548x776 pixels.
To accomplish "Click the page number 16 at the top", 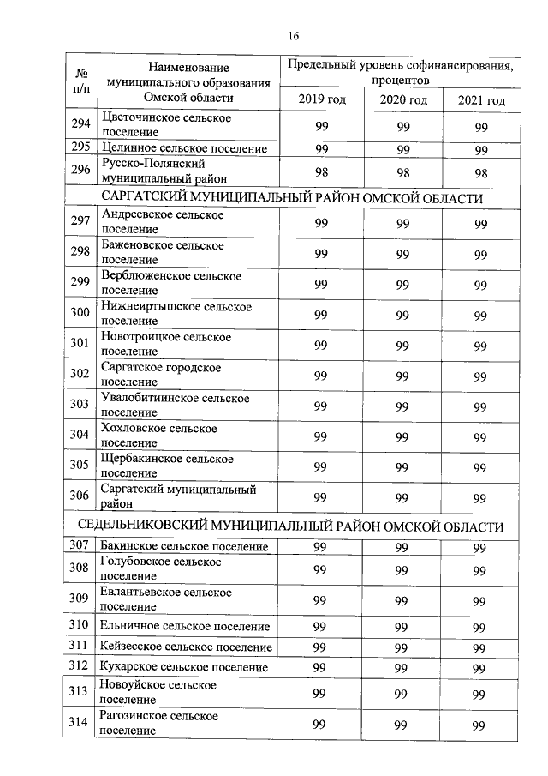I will click(x=293, y=36).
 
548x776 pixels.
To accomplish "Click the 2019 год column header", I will click(x=322, y=100).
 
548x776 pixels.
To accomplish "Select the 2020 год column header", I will click(x=403, y=100).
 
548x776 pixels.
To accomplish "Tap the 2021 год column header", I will click(x=481, y=100).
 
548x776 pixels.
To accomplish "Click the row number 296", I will click(x=81, y=171).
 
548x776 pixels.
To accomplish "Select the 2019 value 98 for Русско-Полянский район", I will click(x=322, y=171).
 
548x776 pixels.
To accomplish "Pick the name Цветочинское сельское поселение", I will click(x=166, y=125).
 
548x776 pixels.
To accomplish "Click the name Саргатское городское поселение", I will click(x=161, y=375).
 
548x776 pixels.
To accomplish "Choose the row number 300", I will click(x=80, y=313).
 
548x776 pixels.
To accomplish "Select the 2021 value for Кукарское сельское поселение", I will click(x=480, y=668).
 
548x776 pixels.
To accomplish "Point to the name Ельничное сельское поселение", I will click(x=185, y=627).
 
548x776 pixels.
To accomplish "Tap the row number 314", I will click(x=80, y=723).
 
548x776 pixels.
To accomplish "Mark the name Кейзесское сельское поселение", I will click(x=186, y=647).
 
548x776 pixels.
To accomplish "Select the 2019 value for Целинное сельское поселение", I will click(x=322, y=149).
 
